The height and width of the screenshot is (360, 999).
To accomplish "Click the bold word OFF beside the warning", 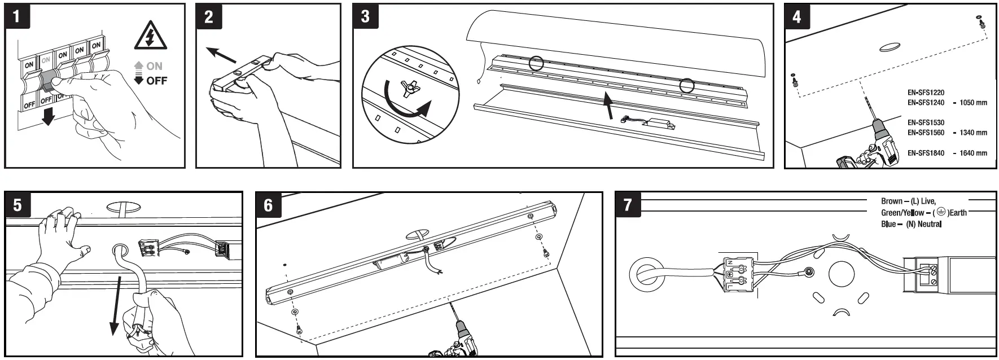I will [156, 81].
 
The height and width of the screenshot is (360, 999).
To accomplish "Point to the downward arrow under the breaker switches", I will [48, 116].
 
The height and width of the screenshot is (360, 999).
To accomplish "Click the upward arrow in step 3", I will [609, 107].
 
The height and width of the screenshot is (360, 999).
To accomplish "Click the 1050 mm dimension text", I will [973, 103].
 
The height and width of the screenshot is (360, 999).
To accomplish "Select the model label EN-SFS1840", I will [926, 153].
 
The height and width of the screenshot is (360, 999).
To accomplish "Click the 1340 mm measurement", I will [973, 133].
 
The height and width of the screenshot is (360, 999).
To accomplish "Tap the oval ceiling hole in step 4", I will [891, 46].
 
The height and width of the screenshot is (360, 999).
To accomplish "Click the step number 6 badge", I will [268, 204].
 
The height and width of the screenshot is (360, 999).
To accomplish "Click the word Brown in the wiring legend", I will [891, 201].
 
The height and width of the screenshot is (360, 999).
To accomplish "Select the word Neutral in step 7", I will [929, 224].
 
